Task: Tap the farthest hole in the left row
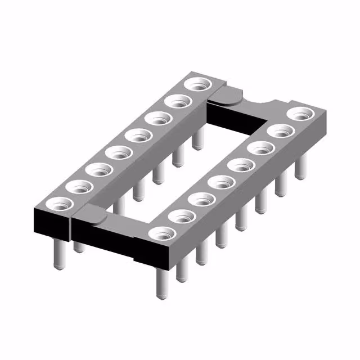click(198, 85)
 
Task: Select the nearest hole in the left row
click(57, 203)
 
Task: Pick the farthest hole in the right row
click(300, 114)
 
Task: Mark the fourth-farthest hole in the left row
click(137, 136)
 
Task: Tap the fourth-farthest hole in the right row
click(241, 165)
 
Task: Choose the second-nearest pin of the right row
click(182, 271)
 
